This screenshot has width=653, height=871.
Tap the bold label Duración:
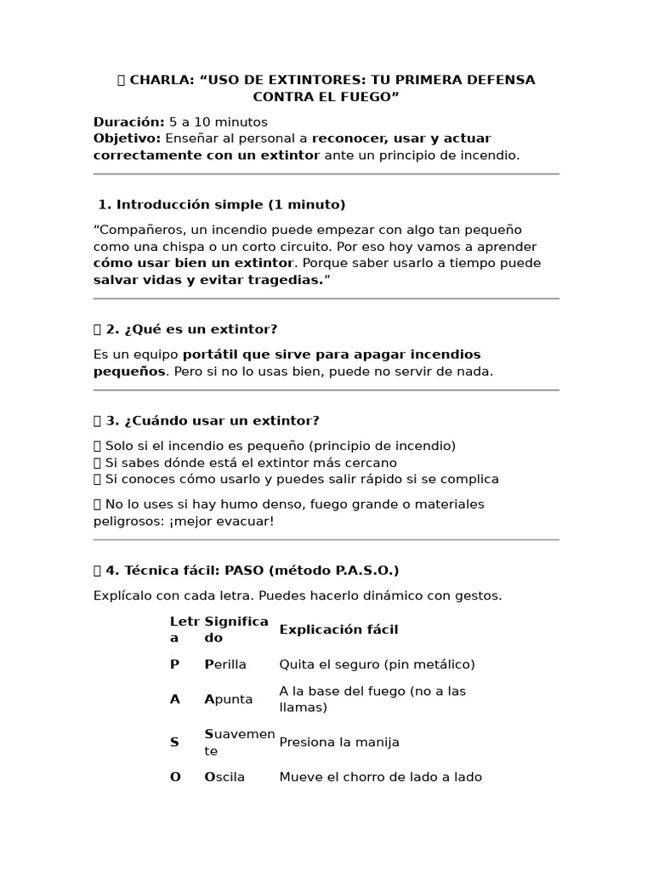point(128,122)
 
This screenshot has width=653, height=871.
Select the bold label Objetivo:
point(127,138)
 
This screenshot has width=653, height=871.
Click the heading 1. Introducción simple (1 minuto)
point(222,204)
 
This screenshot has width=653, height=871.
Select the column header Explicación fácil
point(338,629)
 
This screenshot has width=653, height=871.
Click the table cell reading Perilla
point(224,664)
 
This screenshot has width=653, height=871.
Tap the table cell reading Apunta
point(228,699)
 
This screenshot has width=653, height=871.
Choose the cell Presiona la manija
point(339,743)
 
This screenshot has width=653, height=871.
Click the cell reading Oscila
point(224,777)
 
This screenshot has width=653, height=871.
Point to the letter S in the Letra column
point(174,743)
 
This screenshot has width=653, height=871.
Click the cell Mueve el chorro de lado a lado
point(380,777)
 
